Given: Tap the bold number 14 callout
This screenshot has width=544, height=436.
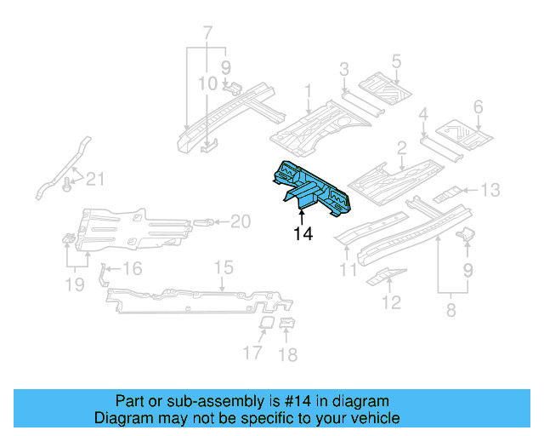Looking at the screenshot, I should [x=303, y=232].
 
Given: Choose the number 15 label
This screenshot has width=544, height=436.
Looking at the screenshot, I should [x=222, y=268].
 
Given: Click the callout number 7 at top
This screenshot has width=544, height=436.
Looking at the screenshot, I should [x=207, y=33].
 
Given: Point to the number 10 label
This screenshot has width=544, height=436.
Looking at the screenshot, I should [x=208, y=83].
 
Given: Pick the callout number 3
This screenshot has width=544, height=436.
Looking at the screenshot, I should [x=343, y=69].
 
